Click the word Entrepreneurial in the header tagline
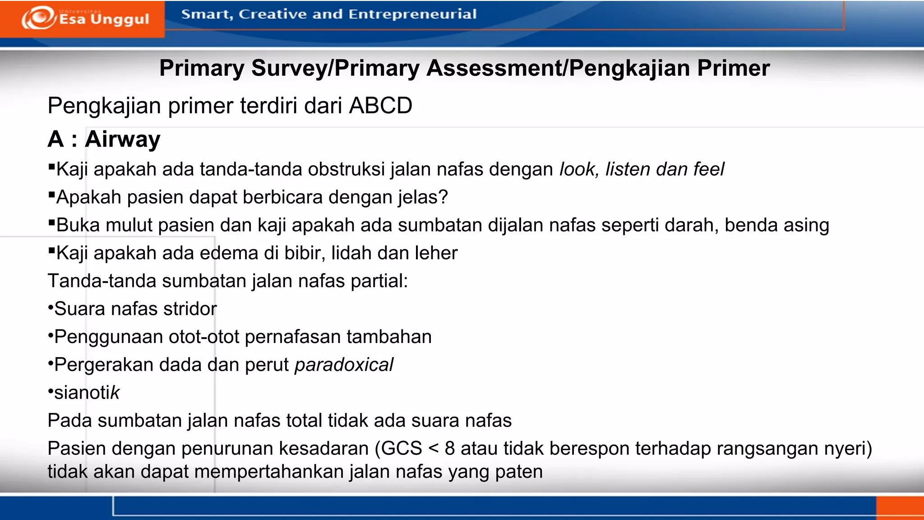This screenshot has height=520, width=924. [x=412, y=14]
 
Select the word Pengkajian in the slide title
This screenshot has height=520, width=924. [x=629, y=68]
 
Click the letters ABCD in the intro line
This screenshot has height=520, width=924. [x=380, y=106]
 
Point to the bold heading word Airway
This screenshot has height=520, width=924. [x=122, y=139]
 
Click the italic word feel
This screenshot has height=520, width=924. [x=708, y=169]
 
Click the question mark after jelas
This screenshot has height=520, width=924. [x=443, y=197]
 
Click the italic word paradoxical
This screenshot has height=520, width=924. [x=344, y=365]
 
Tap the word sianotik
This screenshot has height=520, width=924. [x=87, y=393]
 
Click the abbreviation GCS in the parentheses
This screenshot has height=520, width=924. [x=401, y=449]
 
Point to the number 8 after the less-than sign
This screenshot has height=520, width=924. [x=449, y=449]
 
